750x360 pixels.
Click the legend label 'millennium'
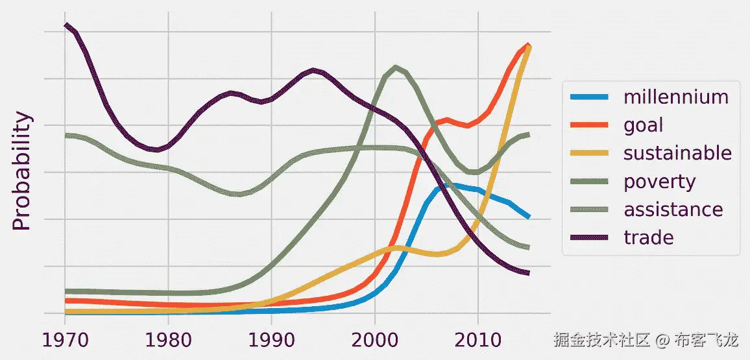pyautogui.click(x=675, y=97)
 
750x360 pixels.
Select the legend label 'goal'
pyautogui.click(x=643, y=125)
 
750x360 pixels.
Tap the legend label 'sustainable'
pyautogui.click(x=677, y=153)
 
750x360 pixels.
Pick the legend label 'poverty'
pyautogui.click(x=659, y=182)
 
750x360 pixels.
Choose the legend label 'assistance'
pyautogui.click(x=673, y=210)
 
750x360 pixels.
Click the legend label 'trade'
pyautogui.click(x=648, y=237)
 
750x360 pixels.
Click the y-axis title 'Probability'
pyautogui.click(x=23, y=171)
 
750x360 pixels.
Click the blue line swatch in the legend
pyautogui.click(x=589, y=97)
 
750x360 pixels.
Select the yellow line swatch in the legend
pyautogui.click(x=589, y=154)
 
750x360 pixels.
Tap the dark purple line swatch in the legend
pyautogui.click(x=589, y=238)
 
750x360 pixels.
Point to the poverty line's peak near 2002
pyautogui.click(x=396, y=67)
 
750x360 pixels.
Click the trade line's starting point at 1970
pyautogui.click(x=66, y=25)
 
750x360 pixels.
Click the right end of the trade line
pyautogui.click(x=529, y=273)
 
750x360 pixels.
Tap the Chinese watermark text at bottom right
pyautogui.click(x=646, y=339)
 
